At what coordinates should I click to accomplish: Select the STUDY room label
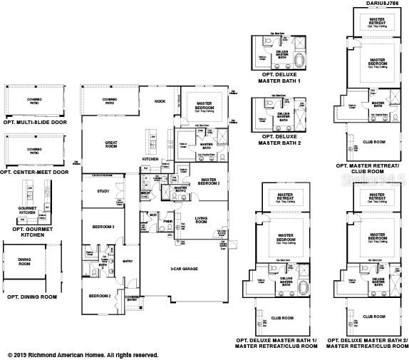point(103,191)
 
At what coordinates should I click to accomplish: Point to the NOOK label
point(160,102)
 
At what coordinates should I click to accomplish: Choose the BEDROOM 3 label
point(103,226)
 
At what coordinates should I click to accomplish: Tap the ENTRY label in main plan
point(128,261)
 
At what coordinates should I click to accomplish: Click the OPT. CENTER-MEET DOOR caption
point(35,172)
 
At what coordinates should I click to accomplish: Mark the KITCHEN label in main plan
point(150,159)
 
